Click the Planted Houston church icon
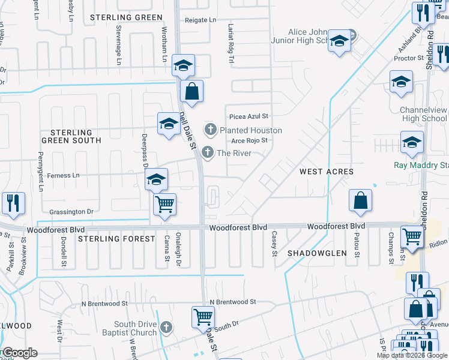211,129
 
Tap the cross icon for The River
208,152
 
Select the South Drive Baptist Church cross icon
166,328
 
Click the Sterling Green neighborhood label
127,18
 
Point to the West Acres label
327,172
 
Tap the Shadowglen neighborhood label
316,253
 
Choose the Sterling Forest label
116,239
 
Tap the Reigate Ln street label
200,20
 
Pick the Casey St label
274,244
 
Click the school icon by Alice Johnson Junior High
339,41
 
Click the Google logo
19,353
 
